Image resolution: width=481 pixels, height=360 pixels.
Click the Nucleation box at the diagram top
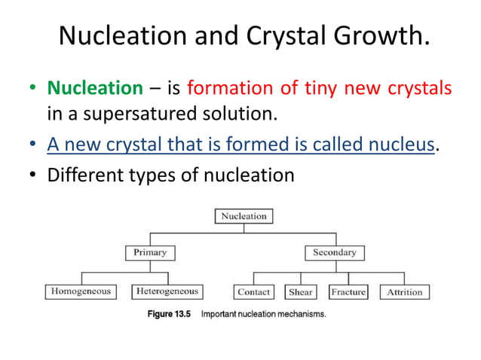tap(243, 216)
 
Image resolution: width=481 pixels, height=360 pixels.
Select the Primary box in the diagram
tap(150, 252)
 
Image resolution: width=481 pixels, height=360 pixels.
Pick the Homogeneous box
tap(81, 291)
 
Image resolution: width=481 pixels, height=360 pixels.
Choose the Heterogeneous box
tap(167, 291)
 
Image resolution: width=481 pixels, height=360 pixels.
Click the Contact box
tap(254, 292)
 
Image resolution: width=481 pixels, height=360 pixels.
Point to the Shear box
tap(302, 292)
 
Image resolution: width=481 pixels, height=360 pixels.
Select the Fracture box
tap(348, 292)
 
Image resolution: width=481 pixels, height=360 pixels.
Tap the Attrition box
tap(405, 292)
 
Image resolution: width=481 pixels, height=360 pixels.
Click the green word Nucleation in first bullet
tap(94, 89)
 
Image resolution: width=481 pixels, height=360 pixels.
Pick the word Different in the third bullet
tap(81, 175)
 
